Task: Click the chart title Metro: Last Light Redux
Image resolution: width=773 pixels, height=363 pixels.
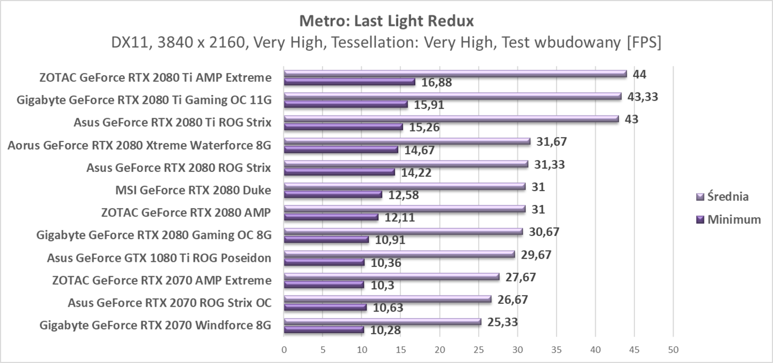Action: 386,22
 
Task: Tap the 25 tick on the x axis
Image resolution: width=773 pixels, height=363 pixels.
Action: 478,350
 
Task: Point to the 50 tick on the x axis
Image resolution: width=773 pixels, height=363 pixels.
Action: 673,350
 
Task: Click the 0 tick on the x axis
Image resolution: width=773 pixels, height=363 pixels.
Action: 284,350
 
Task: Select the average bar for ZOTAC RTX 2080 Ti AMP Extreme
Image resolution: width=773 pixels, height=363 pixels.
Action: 455,73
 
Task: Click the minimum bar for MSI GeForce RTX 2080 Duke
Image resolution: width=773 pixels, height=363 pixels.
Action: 333,194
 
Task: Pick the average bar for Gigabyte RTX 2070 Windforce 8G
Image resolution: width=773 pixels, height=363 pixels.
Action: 382,322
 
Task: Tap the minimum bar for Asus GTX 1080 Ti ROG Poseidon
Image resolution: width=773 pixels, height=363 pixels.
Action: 324,262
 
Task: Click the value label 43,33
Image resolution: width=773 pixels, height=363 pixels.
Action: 643,97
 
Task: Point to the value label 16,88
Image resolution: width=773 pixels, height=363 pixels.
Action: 437,82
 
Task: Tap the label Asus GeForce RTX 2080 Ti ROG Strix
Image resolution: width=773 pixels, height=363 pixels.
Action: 172,123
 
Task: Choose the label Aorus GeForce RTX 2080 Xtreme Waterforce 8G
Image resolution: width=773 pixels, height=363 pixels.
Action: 139,145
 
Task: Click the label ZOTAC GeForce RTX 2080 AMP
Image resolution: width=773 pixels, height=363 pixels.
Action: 186,213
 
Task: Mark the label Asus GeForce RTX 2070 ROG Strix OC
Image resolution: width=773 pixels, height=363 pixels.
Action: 170,303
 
